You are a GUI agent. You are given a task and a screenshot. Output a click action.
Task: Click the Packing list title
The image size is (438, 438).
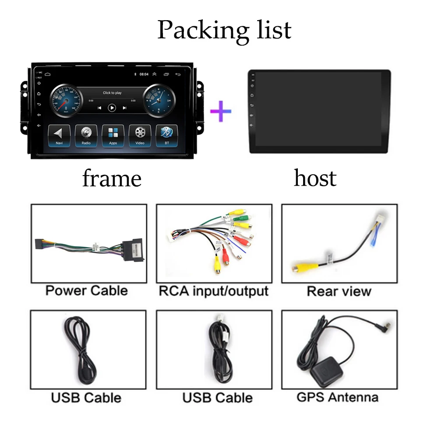[x=224, y=30]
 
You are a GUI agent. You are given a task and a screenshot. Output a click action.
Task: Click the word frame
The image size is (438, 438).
[x=112, y=179]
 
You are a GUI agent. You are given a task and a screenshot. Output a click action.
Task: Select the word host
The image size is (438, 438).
[x=315, y=178]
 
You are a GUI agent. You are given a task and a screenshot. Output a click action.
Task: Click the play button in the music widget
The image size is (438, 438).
[x=112, y=107]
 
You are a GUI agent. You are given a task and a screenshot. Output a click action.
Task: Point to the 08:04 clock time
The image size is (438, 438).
[x=144, y=74]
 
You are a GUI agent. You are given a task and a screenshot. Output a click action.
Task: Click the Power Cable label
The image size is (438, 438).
[x=87, y=290]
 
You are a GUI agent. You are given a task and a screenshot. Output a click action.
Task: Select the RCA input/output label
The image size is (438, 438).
[x=213, y=291]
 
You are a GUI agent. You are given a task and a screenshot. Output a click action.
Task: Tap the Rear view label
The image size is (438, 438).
[x=339, y=291]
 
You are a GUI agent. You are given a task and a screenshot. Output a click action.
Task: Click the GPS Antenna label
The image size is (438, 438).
[x=337, y=397]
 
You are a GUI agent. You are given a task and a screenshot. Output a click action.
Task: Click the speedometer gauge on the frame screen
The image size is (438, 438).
[x=66, y=101]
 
